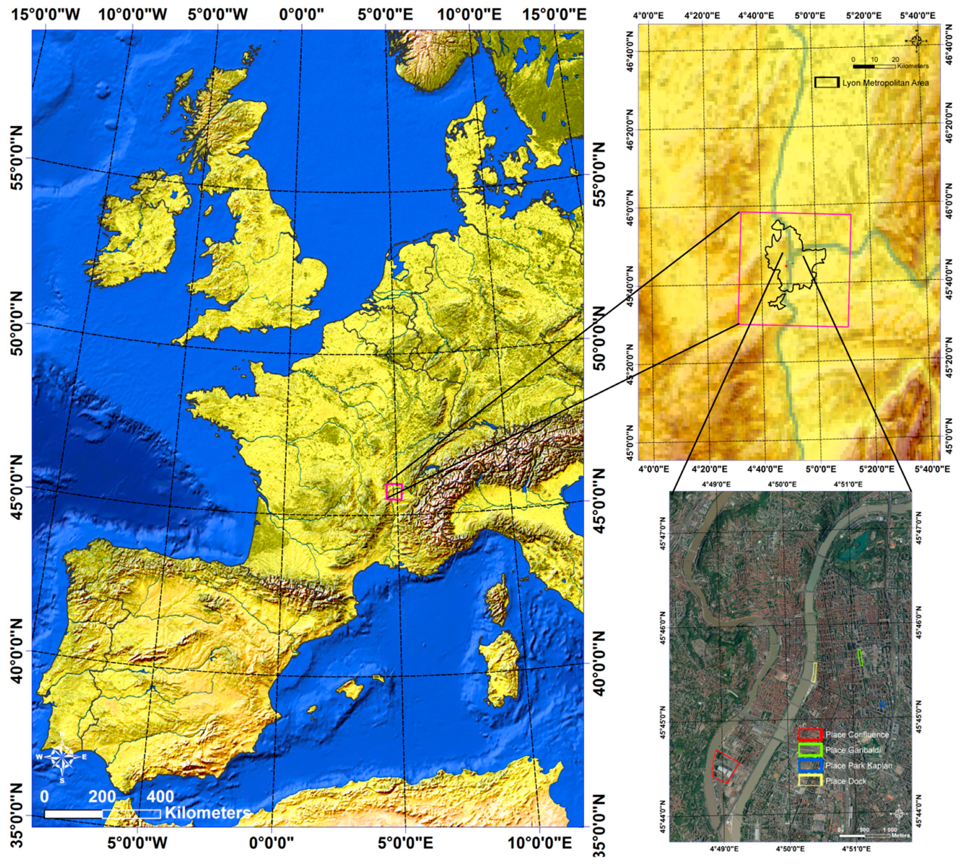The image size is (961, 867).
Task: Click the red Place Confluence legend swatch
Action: coord(810,734)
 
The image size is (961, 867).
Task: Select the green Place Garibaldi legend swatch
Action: coord(810,750)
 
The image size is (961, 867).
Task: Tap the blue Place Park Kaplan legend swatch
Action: coord(810,766)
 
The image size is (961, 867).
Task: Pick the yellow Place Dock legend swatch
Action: coord(810,781)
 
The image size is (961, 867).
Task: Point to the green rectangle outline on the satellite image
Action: coord(860,658)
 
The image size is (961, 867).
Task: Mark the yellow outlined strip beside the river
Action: coord(814,672)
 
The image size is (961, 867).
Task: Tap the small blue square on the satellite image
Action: coord(882,705)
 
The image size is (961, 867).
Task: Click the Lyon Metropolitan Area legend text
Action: coord(885,83)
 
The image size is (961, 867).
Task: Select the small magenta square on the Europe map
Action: coord(394,492)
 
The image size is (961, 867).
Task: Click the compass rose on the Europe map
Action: coord(62,757)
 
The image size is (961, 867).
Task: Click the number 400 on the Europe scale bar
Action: coord(160,797)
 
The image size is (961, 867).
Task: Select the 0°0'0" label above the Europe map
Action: coord(301,14)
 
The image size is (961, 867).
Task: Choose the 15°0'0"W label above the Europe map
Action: coord(46,14)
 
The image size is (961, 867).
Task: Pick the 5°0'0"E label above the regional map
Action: coord(809,16)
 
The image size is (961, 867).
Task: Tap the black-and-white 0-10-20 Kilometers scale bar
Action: coord(874,66)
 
